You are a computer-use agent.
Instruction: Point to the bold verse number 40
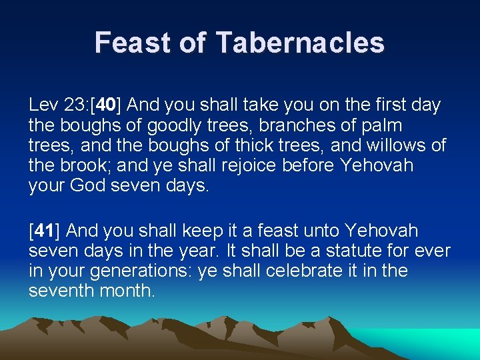coord(107,105)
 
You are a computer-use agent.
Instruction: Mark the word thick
coord(243,145)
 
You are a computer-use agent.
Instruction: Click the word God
coord(93,185)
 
